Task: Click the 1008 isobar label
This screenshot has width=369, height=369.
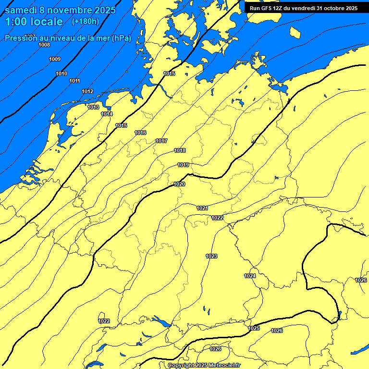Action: [x=44, y=45]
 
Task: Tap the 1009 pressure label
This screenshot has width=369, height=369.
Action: [x=55, y=59]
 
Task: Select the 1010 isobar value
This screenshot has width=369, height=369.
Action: [x=61, y=74]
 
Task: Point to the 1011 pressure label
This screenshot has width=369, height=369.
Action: [x=74, y=81]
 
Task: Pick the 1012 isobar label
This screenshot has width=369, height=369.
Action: [x=87, y=91]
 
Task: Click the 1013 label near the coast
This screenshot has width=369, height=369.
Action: [x=94, y=107]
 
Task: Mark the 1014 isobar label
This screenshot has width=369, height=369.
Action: [x=107, y=114]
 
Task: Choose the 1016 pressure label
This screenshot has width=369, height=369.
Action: [x=140, y=133]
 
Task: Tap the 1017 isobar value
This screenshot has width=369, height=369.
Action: [x=161, y=141]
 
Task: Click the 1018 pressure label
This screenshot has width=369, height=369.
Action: [x=180, y=150]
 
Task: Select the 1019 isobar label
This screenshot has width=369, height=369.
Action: [x=183, y=165]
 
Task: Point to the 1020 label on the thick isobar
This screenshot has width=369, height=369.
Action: [x=179, y=184]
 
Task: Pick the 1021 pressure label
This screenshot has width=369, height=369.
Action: [x=202, y=208]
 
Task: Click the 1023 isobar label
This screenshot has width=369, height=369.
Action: [x=211, y=256]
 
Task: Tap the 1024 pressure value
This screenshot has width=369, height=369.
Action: [x=250, y=276]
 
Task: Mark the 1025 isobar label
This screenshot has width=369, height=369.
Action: [x=254, y=328]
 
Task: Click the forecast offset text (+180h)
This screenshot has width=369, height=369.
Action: [x=85, y=21]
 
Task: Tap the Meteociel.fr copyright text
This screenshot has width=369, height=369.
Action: [x=204, y=366]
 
